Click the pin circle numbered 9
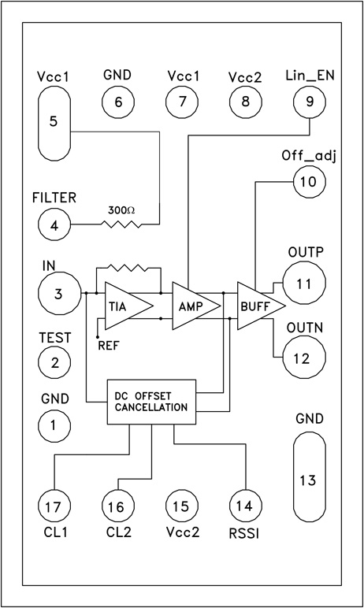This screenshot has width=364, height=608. click(x=308, y=101)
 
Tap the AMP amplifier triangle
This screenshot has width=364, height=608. click(x=191, y=305)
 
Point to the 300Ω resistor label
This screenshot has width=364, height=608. click(x=122, y=211)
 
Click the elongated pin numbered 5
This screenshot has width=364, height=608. click(x=53, y=122)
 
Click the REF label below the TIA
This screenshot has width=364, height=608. click(x=107, y=344)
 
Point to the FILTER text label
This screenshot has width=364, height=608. click(x=54, y=197)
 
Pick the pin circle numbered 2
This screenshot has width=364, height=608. click(x=53, y=363)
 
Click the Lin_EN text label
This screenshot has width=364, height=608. click(x=308, y=76)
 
